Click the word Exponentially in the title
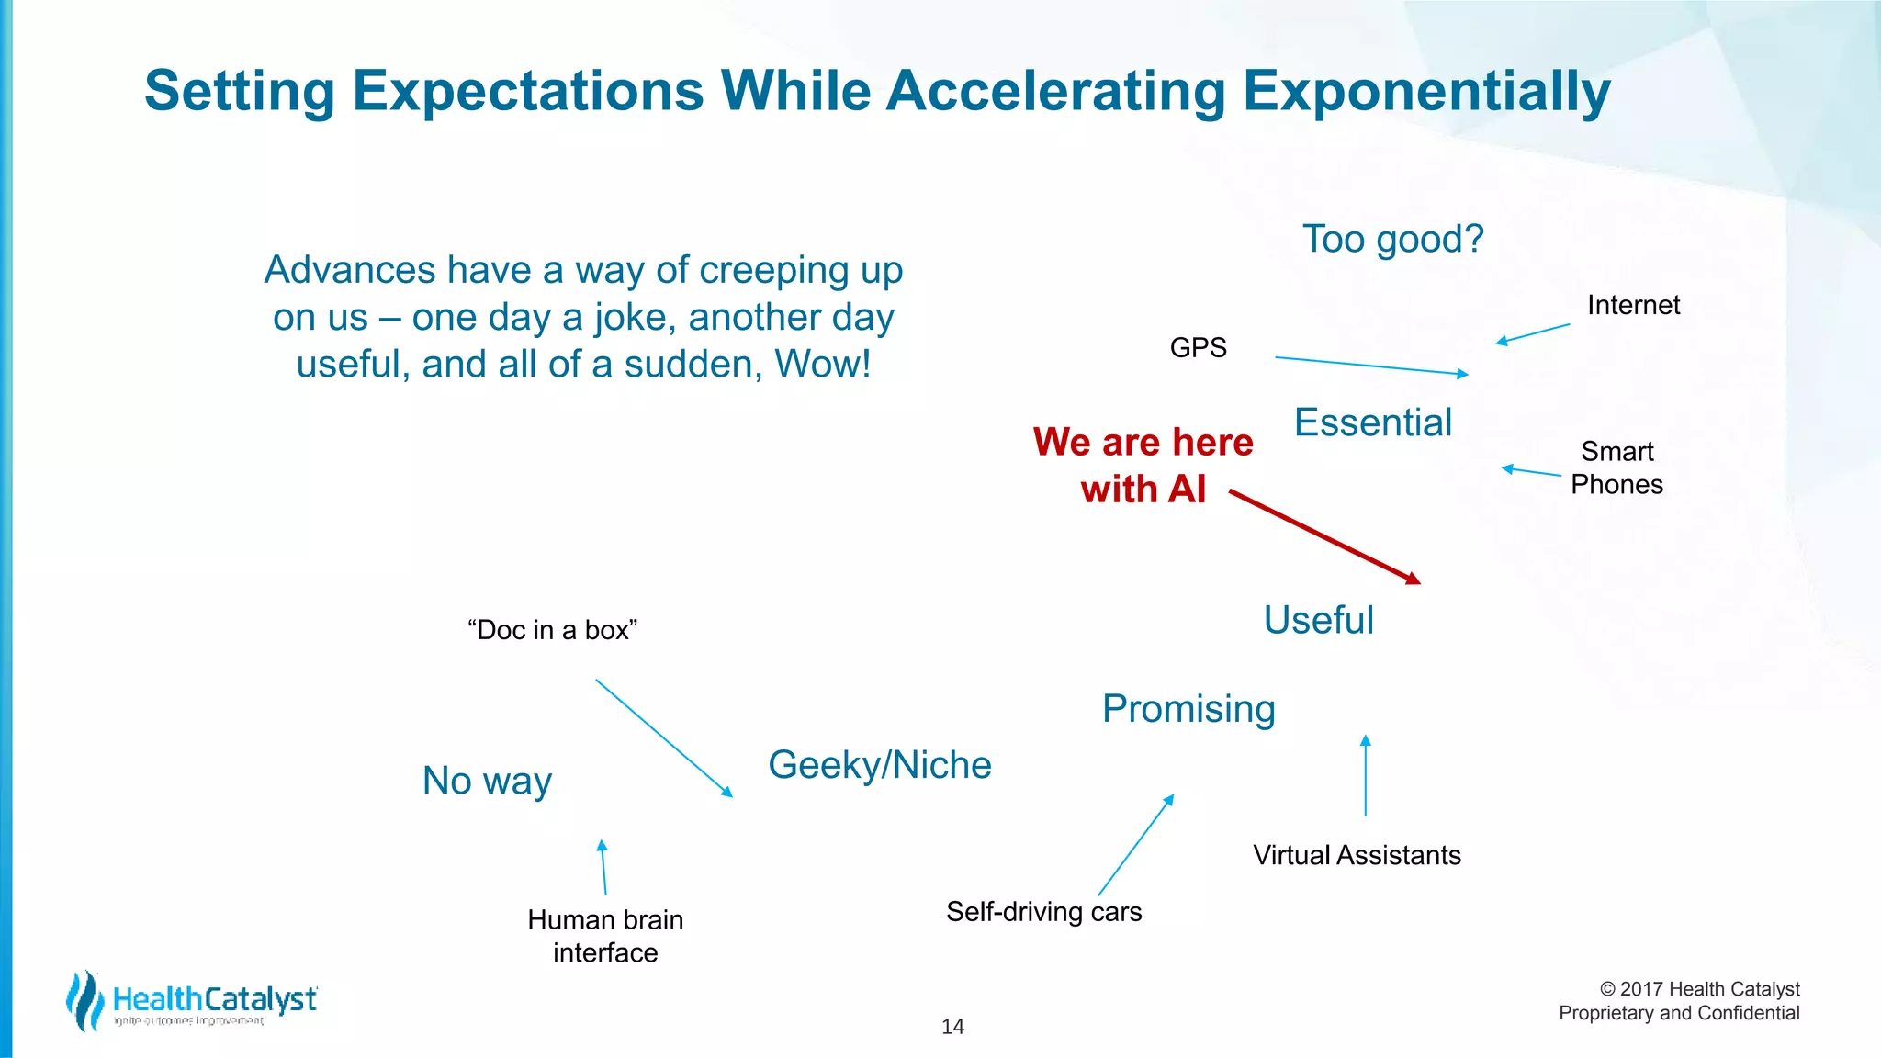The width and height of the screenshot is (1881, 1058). (1425, 92)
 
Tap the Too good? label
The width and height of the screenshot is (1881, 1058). (1392, 240)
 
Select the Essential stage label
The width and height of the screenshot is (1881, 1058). (1372, 423)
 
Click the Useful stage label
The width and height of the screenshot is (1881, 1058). (1318, 621)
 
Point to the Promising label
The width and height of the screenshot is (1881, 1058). (1188, 709)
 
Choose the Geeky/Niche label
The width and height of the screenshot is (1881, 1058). (879, 765)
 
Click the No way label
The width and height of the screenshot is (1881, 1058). (487, 782)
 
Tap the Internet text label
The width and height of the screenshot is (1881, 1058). (1633, 305)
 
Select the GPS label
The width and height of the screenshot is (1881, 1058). (1198, 348)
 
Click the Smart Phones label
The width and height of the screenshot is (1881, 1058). (1616, 468)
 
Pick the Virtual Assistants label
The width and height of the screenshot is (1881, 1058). (1357, 856)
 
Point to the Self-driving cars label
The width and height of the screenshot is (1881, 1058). (1043, 912)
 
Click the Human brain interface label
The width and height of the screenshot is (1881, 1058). (605, 936)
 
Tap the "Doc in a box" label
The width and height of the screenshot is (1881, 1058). (552, 630)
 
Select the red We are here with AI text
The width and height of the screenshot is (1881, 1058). (1143, 466)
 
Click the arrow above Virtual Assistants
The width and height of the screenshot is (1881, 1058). (1365, 775)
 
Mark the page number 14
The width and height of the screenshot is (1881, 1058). (952, 1027)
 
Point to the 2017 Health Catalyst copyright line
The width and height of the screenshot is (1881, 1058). (1699, 989)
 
